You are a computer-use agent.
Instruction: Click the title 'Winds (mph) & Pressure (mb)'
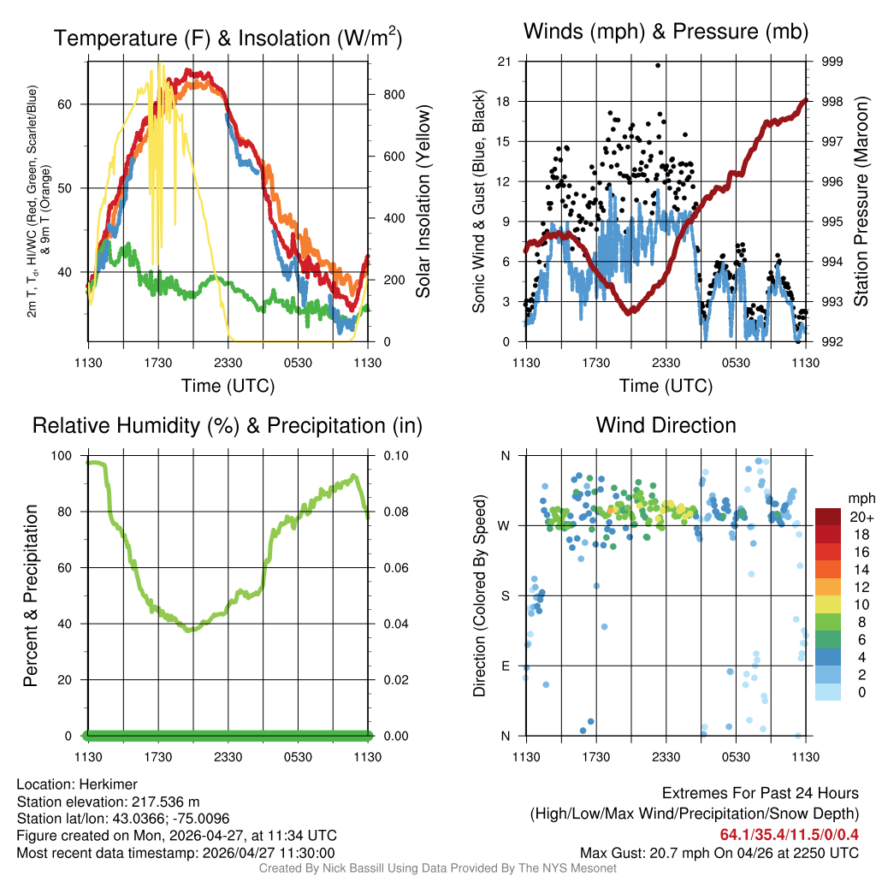(666, 33)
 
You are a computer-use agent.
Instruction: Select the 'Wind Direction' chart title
(666, 425)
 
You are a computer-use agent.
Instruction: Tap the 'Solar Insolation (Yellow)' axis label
(423, 202)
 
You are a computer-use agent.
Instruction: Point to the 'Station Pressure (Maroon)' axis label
(861, 202)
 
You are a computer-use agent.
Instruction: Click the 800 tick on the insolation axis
(394, 94)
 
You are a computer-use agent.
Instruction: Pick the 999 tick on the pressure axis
(832, 62)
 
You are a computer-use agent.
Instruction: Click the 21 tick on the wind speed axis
(504, 62)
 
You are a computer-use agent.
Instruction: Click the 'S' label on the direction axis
(504, 595)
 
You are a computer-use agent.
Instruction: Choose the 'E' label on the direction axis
(504, 666)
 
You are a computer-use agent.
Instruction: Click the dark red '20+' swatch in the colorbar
(828, 517)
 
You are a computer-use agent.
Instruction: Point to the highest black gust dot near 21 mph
(658, 65)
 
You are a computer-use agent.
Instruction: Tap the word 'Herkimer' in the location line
(109, 784)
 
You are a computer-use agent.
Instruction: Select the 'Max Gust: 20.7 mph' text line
(719, 853)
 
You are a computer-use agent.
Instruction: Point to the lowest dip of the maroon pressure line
(630, 313)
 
